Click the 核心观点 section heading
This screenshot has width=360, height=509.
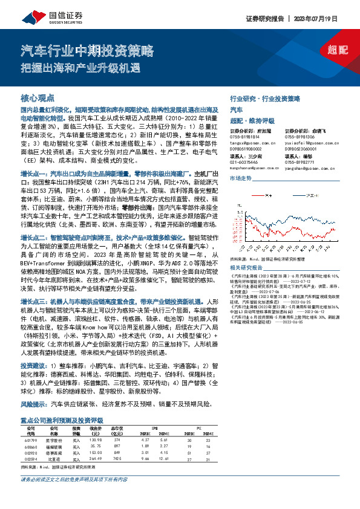[x=38, y=97]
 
